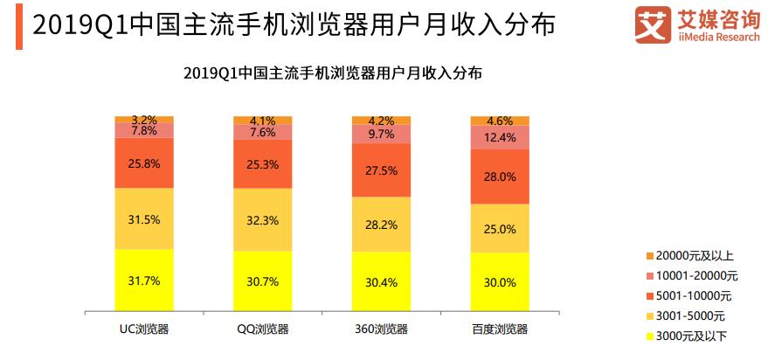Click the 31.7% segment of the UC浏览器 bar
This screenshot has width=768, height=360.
coord(144,280)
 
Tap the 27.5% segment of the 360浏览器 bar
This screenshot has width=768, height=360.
coord(381,170)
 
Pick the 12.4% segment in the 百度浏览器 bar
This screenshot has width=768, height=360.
coord(500,137)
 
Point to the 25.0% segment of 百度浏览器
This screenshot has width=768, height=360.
coord(500,228)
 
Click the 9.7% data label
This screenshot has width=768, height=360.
coord(382,135)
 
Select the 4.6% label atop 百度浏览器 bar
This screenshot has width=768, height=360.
coord(500,121)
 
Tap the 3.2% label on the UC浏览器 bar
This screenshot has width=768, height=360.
coord(144,120)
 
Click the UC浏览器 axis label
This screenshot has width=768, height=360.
coord(144,329)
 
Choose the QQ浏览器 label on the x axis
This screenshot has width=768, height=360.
coord(262,329)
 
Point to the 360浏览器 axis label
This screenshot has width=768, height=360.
coord(381,329)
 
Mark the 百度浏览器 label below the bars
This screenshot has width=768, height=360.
coord(500,329)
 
